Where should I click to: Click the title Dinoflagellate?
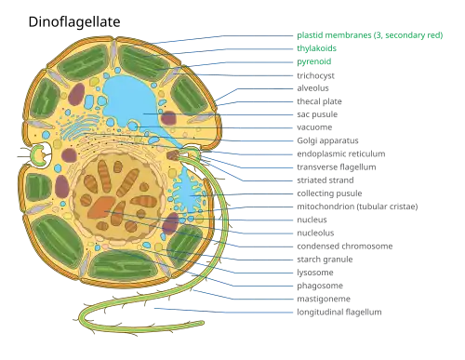point(74,22)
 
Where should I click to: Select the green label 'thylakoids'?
point(316,48)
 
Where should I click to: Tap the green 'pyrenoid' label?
point(314,61)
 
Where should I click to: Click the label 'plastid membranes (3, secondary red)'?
point(370,35)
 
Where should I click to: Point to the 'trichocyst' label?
point(315,75)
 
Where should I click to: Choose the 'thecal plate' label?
point(319,101)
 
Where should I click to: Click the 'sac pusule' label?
point(317,114)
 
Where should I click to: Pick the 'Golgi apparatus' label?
point(327,140)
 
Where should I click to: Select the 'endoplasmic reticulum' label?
point(341,153)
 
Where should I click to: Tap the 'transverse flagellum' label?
point(337,167)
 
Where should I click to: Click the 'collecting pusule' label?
point(329,193)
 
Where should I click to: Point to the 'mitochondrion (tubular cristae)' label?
point(357,207)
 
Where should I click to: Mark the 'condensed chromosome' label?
point(345,247)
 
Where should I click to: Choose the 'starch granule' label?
point(325,260)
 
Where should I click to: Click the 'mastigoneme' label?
point(324,299)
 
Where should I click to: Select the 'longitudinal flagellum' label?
point(339,312)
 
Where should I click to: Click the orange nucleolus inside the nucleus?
point(101,207)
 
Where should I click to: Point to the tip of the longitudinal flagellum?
point(203,323)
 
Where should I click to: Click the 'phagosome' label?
point(320,286)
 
